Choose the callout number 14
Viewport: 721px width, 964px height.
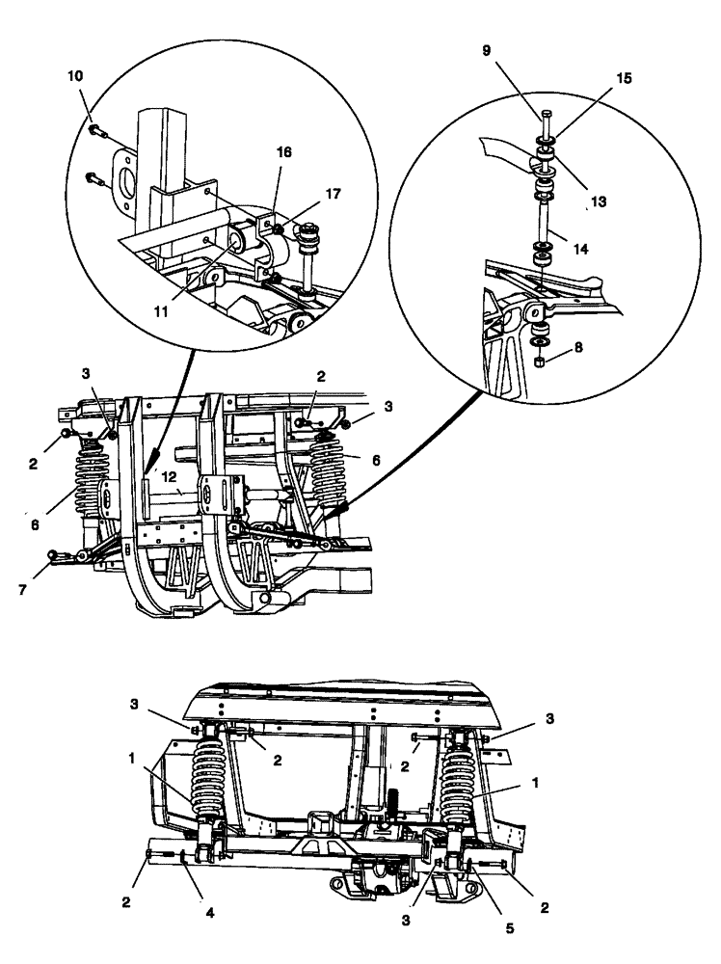pos(579,248)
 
